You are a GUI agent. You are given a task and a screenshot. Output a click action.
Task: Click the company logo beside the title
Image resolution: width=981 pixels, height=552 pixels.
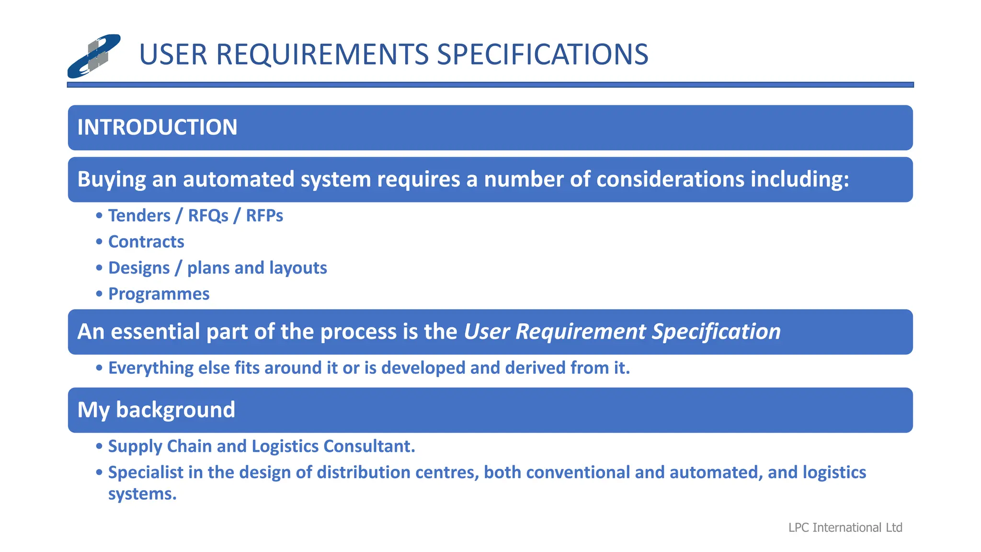pyautogui.click(x=94, y=56)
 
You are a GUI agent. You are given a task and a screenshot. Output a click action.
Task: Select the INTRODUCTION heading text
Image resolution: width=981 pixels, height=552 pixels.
pyautogui.click(x=157, y=127)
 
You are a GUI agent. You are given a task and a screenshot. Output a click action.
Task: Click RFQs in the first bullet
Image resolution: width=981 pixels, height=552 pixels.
pyautogui.click(x=208, y=216)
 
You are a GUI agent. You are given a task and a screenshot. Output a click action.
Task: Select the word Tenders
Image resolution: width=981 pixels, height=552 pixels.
pyautogui.click(x=139, y=216)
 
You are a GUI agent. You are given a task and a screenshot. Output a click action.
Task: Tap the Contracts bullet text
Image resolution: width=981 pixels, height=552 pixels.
pyautogui.click(x=146, y=241)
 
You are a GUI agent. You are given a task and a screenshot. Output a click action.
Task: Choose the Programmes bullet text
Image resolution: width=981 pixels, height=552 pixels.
pyautogui.click(x=159, y=294)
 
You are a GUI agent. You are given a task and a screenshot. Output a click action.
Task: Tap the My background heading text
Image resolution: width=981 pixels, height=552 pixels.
pyautogui.click(x=156, y=410)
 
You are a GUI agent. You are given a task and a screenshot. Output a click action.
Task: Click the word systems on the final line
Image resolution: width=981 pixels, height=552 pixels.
pyautogui.click(x=142, y=494)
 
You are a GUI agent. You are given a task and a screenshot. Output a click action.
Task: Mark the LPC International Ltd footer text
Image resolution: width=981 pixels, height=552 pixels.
pyautogui.click(x=845, y=528)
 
